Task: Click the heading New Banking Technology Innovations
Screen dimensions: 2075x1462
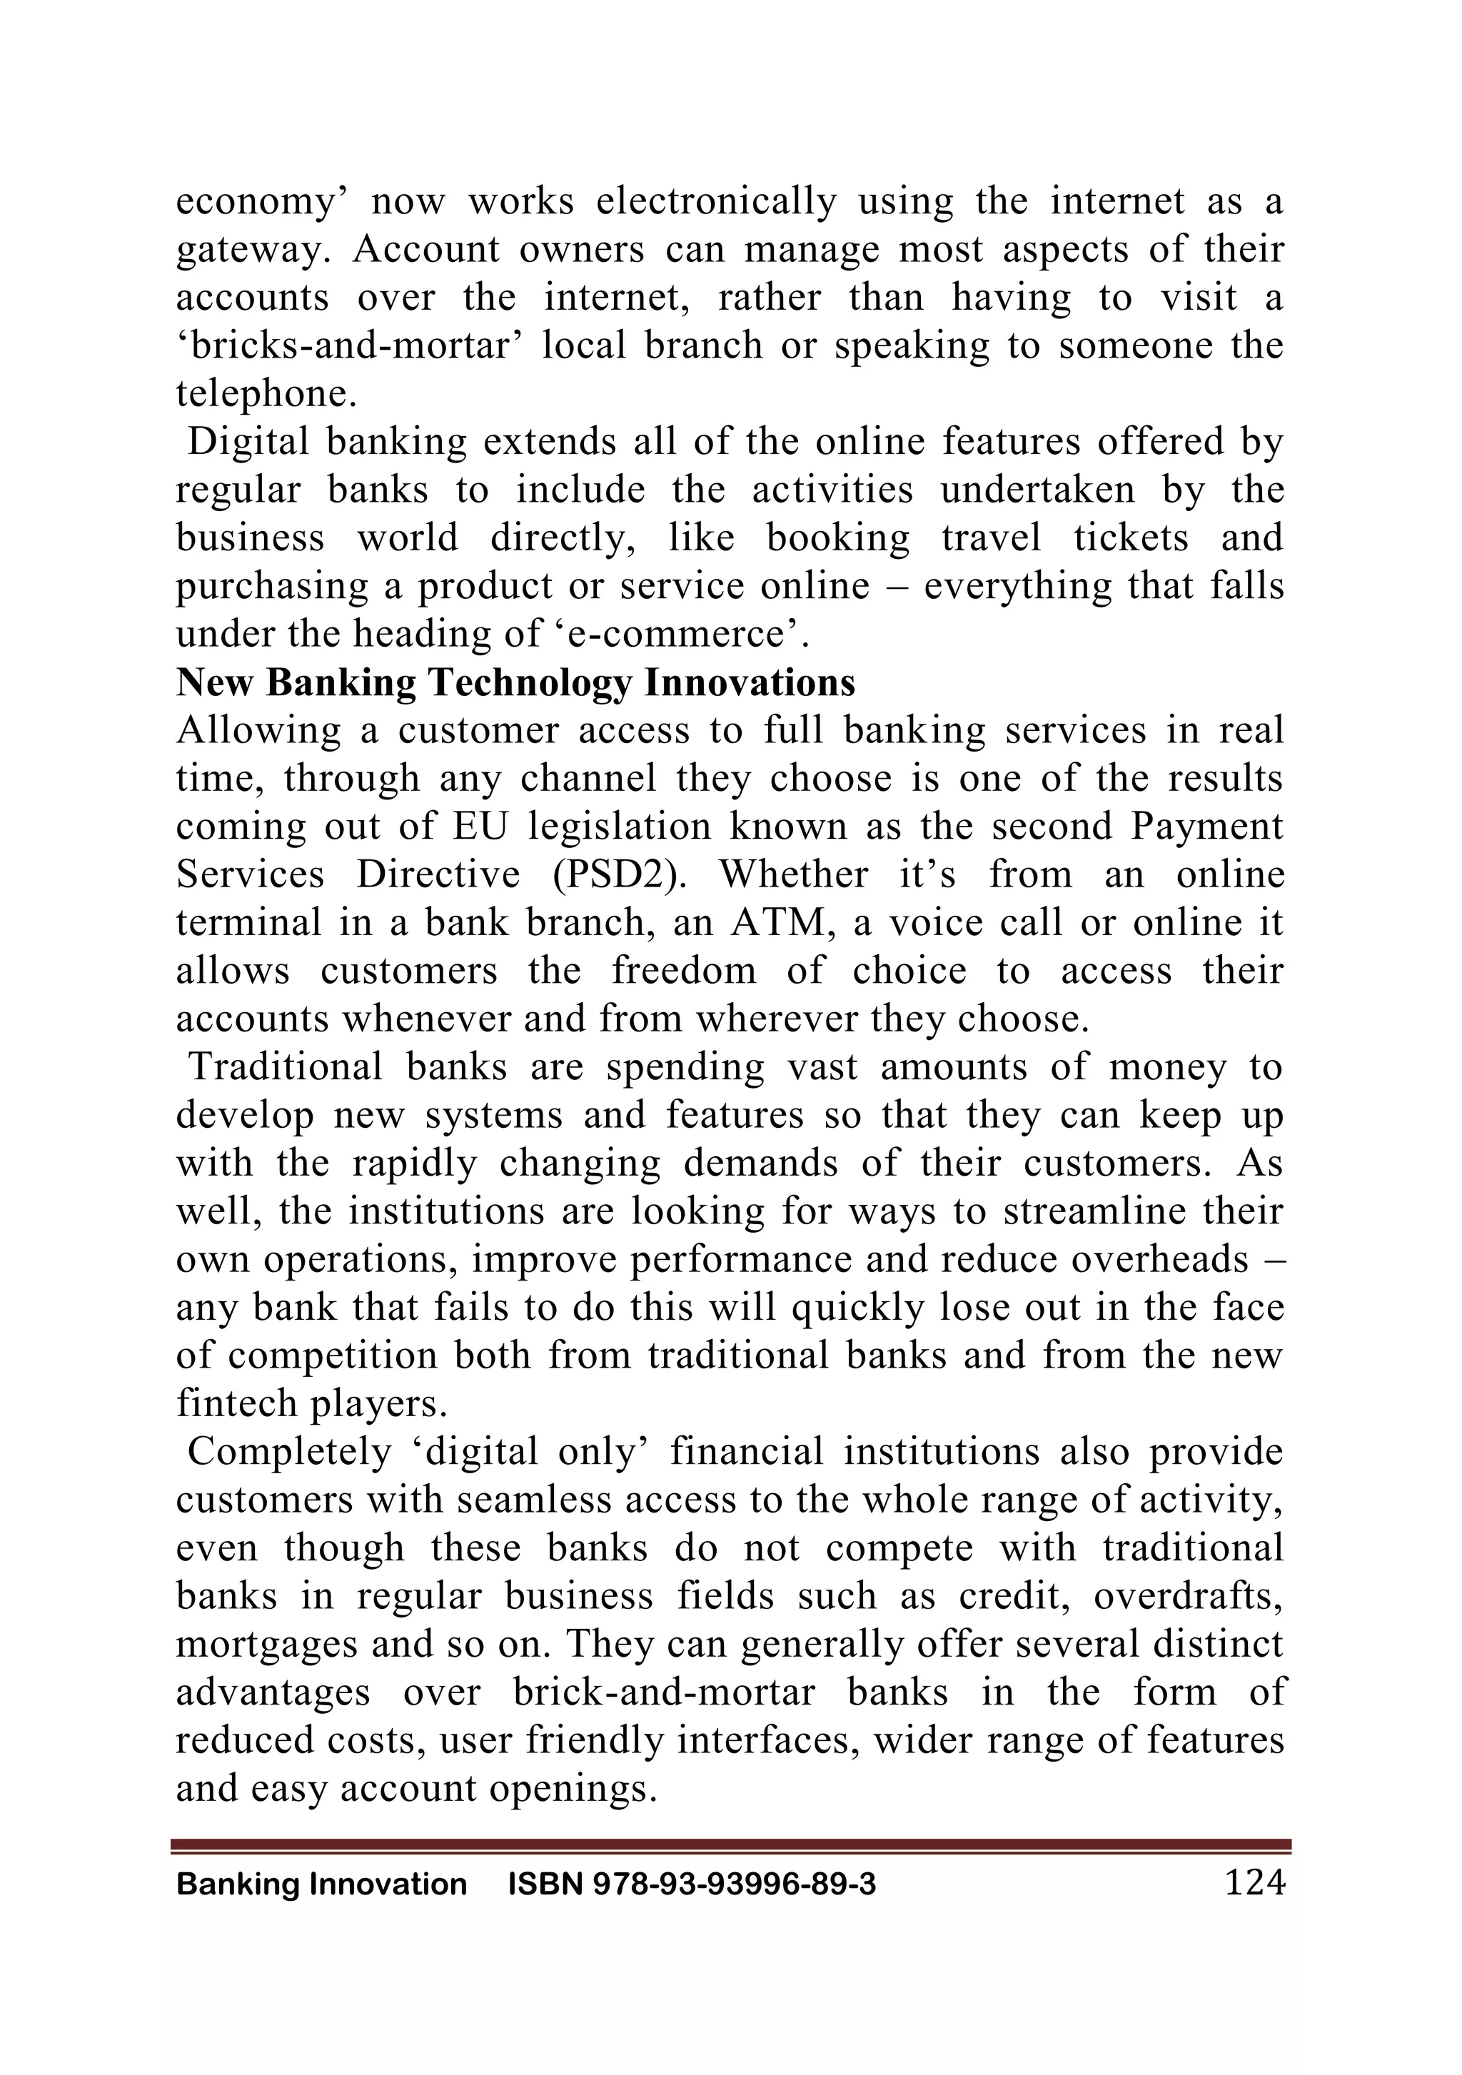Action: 515,682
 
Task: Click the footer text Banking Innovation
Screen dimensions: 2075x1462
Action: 322,1884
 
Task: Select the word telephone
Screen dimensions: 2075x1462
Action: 266,394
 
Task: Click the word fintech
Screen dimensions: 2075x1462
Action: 231,1403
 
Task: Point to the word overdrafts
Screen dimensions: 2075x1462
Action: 1187,1597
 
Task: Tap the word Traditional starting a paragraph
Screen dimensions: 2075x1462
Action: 285,1067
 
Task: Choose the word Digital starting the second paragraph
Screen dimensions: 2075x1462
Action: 248,442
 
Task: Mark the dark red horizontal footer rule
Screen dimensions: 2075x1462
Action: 730,1845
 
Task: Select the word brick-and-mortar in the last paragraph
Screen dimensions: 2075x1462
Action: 664,1692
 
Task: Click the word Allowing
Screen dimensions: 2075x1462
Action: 258,730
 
